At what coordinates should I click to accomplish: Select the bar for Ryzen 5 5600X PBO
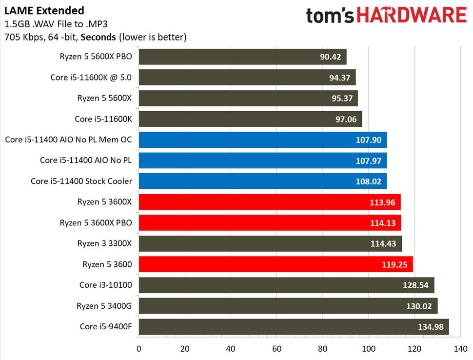click(x=242, y=57)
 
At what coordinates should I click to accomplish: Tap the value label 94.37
click(x=338, y=78)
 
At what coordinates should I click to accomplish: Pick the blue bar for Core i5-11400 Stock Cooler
click(x=262, y=181)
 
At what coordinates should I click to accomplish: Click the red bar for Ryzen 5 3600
click(x=276, y=264)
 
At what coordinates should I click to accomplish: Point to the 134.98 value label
click(x=431, y=326)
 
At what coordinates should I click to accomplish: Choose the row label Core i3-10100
click(x=105, y=285)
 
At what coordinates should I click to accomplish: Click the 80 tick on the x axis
click(x=322, y=349)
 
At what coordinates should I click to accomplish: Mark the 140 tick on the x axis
click(x=460, y=349)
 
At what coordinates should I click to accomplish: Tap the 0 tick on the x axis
click(x=139, y=349)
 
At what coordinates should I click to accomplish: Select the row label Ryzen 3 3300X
click(x=104, y=243)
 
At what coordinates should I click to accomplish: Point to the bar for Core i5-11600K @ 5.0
click(x=247, y=78)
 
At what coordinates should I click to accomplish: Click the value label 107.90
click(x=369, y=140)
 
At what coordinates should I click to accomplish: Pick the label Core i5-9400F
click(x=105, y=326)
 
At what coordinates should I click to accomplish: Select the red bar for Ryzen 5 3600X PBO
click(x=270, y=222)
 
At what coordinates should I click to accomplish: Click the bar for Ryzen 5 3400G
click(x=288, y=305)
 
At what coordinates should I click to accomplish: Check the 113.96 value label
click(x=383, y=202)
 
